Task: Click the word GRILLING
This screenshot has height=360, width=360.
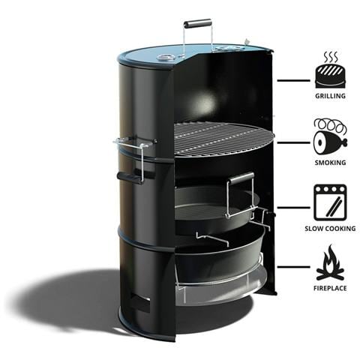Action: click(x=330, y=96)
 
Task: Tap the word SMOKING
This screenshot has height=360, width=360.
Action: click(x=330, y=163)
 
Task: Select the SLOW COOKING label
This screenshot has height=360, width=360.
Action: click(x=330, y=229)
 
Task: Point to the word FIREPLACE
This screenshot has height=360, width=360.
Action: click(x=330, y=288)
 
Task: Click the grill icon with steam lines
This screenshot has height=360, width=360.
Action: click(x=331, y=70)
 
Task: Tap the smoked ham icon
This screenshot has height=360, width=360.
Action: click(x=330, y=137)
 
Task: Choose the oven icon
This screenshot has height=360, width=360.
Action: click(x=330, y=202)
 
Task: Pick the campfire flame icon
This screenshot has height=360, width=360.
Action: click(x=330, y=262)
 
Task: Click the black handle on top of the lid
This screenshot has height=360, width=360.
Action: click(x=197, y=23)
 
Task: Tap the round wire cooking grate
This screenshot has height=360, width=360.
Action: click(x=224, y=140)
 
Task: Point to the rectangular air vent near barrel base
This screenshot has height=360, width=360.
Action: click(x=139, y=303)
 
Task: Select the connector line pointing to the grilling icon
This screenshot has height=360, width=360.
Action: click(x=293, y=80)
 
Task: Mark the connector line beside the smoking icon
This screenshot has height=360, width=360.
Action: click(x=293, y=142)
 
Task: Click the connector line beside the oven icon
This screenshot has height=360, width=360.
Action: click(x=293, y=207)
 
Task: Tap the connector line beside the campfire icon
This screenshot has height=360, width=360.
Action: click(x=293, y=267)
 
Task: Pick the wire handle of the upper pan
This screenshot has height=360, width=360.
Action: click(x=241, y=195)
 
